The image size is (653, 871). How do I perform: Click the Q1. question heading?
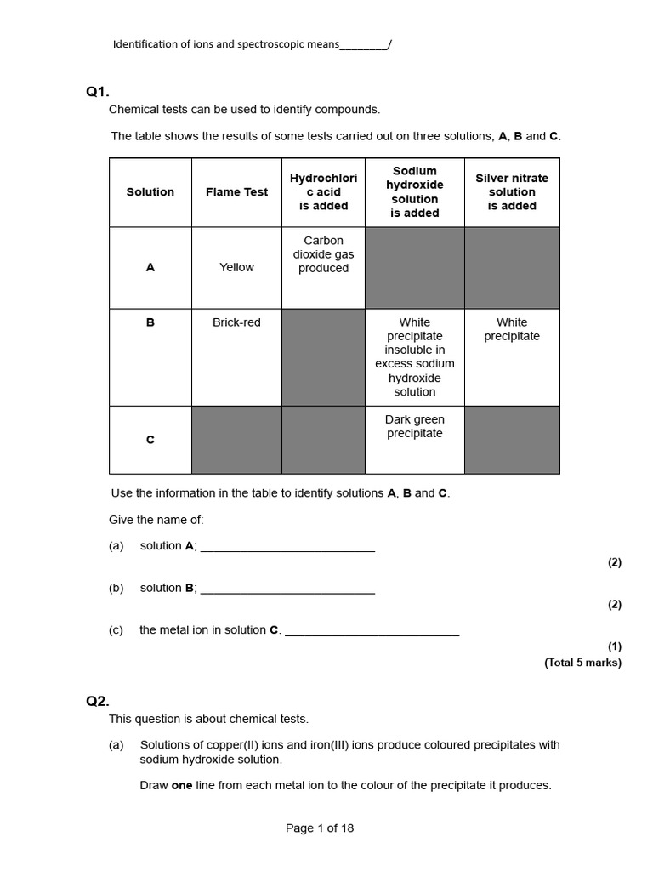coord(98,92)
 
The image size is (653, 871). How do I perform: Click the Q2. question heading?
coord(98,701)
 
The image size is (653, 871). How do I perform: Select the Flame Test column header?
coord(236,192)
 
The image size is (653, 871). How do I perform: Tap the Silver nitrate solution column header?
coord(512,192)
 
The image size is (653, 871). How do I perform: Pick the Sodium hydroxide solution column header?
coord(415,192)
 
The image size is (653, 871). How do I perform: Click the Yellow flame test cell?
coord(236,267)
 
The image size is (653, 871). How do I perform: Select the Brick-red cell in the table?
coord(236,322)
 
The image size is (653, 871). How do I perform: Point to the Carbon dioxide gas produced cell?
coord(323,254)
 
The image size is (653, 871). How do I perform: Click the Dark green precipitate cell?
coord(415,426)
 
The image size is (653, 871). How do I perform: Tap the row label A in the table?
coord(150,267)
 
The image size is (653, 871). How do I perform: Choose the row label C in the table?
coord(150,440)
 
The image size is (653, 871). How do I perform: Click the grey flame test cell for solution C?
coord(236,440)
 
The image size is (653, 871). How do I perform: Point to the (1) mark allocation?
coord(614,646)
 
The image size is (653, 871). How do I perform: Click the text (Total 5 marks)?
coord(582,663)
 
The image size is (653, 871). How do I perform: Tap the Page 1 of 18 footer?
coord(320,828)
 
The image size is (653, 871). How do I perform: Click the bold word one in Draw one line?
coord(182,786)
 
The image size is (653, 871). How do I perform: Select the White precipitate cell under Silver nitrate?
coord(512,329)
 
